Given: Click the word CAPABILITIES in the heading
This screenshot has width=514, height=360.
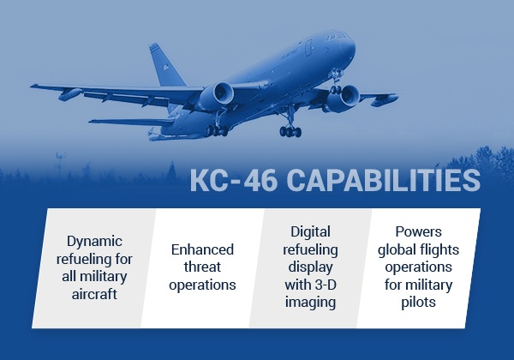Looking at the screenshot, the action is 384,180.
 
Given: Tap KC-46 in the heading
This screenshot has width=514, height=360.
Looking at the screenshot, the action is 234,180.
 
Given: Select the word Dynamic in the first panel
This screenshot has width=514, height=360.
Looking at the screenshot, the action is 95,242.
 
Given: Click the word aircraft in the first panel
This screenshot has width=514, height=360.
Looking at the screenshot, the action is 94,294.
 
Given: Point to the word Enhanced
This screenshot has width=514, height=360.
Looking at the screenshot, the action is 202,249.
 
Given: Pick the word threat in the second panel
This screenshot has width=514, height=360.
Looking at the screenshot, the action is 202,267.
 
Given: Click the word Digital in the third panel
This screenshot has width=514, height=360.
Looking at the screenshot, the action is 310,232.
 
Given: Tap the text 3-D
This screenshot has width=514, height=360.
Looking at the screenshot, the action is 326,285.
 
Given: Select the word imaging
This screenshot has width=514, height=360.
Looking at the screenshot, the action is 310,303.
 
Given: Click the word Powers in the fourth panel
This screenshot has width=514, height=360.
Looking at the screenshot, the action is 419,232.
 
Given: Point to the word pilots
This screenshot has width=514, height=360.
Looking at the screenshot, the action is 419,303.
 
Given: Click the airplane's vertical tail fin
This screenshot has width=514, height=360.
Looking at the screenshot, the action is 165,65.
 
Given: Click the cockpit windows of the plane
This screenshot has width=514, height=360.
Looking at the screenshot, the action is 334,37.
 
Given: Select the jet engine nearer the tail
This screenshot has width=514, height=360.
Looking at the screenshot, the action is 216,96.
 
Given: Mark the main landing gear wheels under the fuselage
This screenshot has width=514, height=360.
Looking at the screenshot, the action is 290,131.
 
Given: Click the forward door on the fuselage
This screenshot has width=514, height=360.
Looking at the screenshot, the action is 308,47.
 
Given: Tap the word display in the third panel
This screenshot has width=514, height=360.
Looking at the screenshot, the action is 310,267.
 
